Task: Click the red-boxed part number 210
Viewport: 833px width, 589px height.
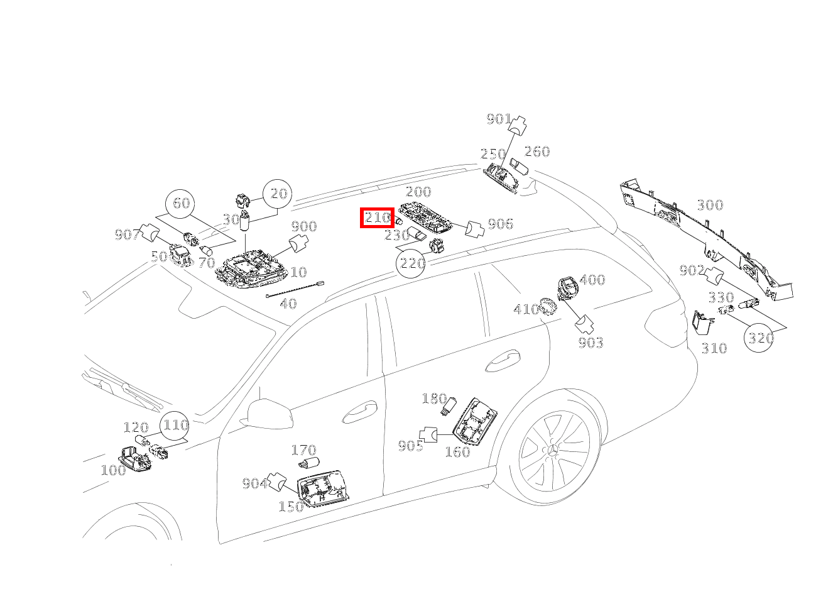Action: coord(377,217)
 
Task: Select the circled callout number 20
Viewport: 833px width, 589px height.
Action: coord(278,194)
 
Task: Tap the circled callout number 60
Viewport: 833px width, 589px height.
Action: coord(180,204)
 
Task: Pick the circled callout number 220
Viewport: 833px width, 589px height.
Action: coord(411,263)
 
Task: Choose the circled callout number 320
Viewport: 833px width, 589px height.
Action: coord(759,338)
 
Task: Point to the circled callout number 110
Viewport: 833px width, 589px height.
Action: coord(175,426)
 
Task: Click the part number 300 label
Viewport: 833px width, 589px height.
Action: coord(710,205)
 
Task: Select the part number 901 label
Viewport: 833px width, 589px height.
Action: coord(499,119)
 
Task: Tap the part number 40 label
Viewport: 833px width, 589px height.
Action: coord(288,304)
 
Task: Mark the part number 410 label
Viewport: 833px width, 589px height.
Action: coord(526,309)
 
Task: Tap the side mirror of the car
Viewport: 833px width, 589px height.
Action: coord(267,414)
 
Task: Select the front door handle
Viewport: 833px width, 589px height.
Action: coord(359,412)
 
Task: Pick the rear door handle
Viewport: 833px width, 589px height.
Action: coord(503,361)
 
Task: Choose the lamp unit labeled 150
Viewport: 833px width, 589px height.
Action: coord(323,488)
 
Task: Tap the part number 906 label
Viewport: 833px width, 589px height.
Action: coord(500,224)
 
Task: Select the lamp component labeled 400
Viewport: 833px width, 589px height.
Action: coord(568,289)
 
